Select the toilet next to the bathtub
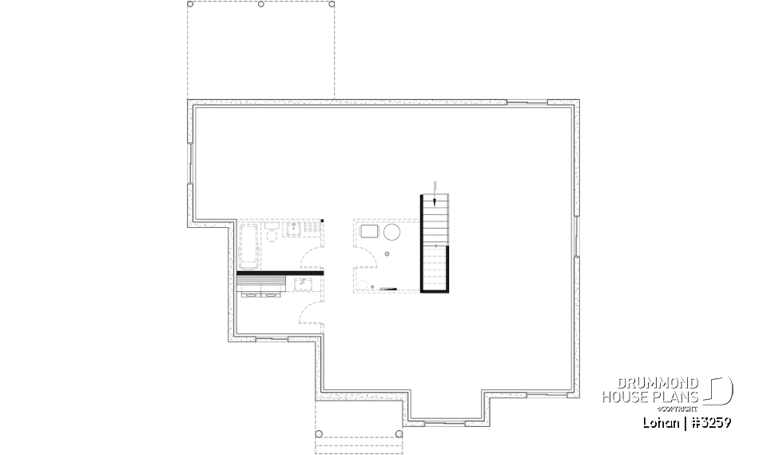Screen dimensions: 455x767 (272, 234)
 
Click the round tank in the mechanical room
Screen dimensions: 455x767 (392, 233)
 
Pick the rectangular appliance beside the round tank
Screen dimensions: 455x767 (369, 232)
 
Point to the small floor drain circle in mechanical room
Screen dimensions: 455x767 (387, 253)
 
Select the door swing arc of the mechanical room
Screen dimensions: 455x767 (368, 259)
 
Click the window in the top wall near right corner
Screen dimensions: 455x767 (527, 102)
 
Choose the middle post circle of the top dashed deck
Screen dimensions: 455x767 (261, 4)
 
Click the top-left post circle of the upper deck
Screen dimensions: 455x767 (191, 4)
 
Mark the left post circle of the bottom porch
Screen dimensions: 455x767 (320, 434)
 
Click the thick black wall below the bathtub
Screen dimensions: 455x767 (280, 273)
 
